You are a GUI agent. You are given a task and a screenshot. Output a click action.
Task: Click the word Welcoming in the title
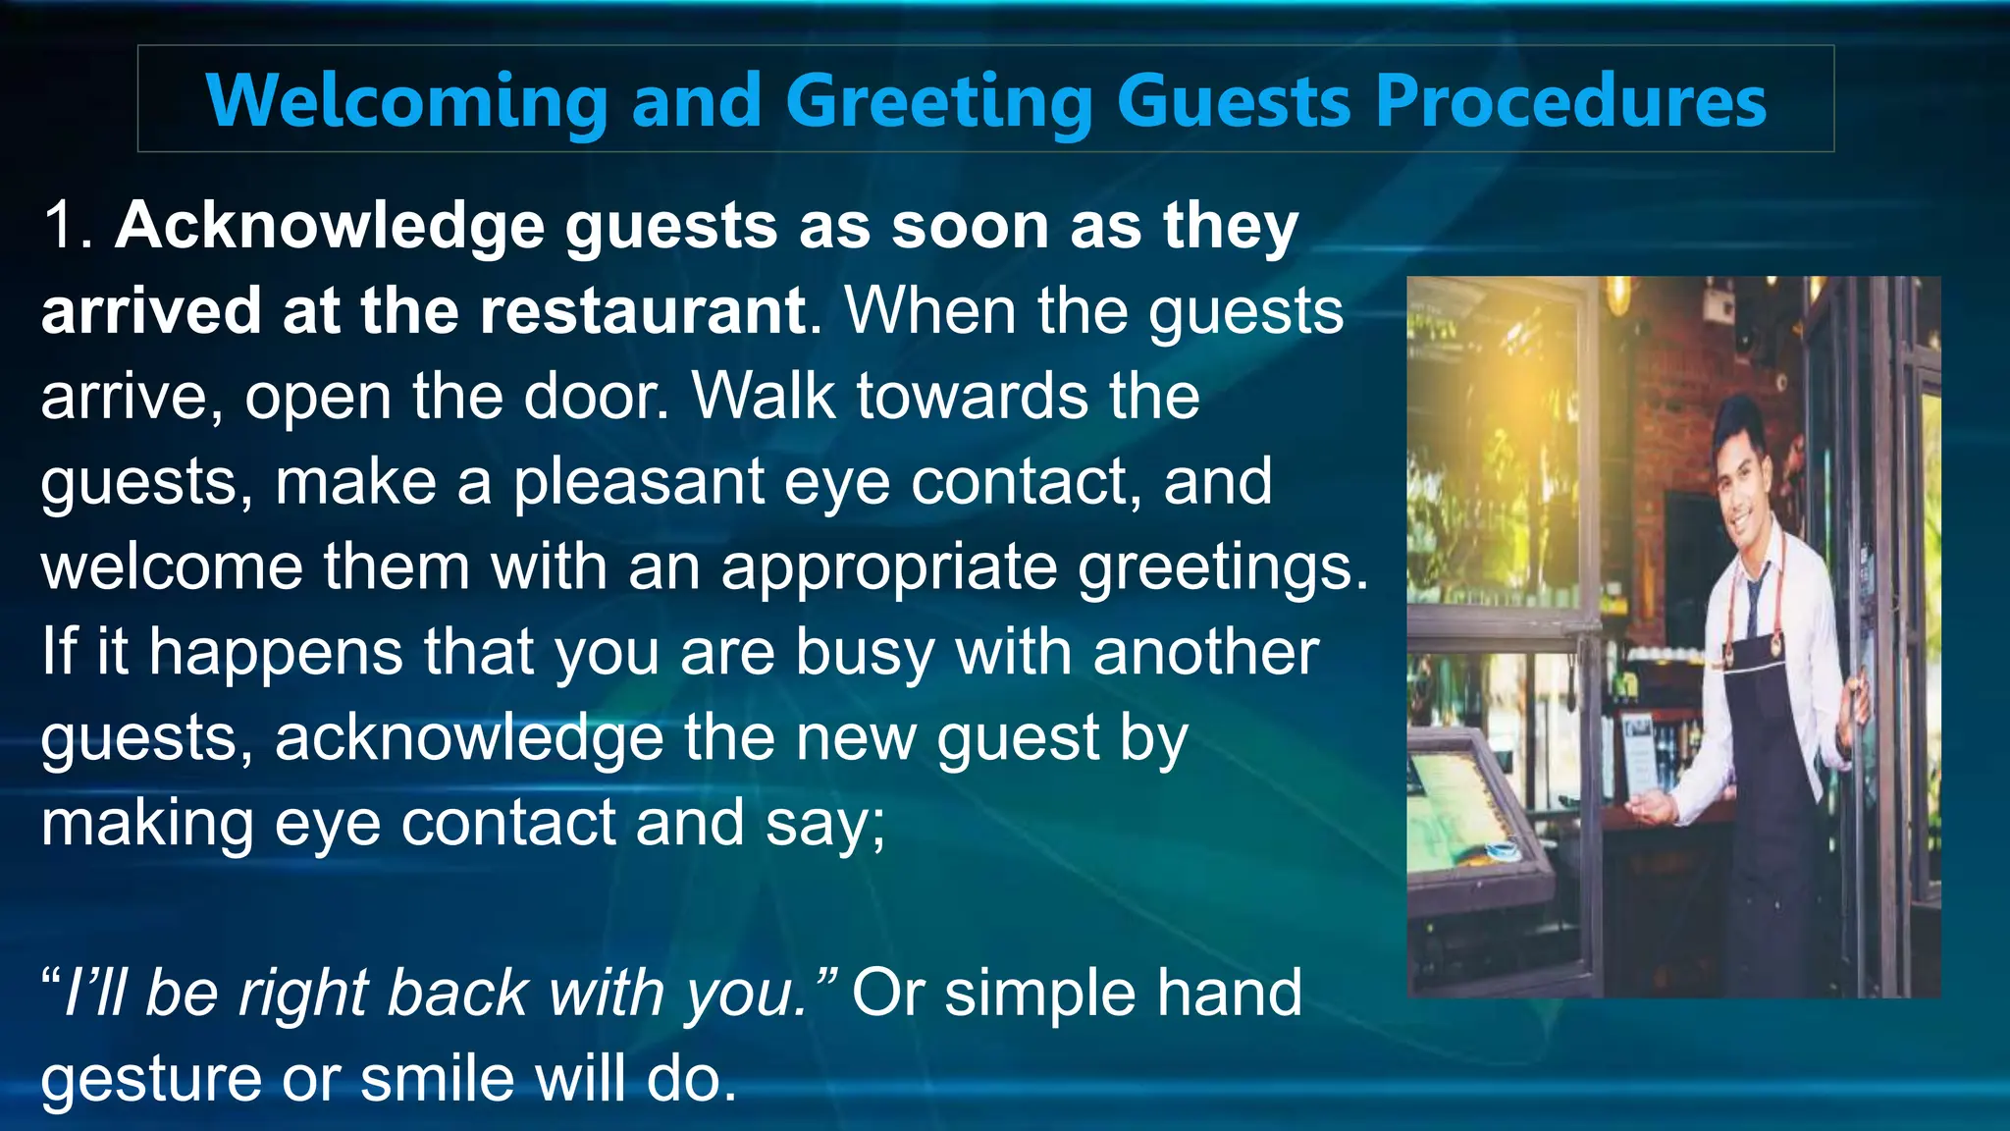tap(406, 101)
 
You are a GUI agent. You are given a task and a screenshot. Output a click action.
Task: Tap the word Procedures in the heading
tap(1570, 101)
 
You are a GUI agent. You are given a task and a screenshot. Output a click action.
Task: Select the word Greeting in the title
tap(938, 101)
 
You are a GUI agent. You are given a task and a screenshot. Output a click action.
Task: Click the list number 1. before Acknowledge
tap(67, 226)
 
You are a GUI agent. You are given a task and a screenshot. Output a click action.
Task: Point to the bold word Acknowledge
tap(330, 226)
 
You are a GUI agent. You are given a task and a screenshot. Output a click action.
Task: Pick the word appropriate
tap(888, 568)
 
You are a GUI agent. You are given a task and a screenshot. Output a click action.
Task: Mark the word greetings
tap(1221, 568)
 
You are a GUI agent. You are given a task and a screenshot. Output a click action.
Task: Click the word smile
tap(437, 1080)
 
